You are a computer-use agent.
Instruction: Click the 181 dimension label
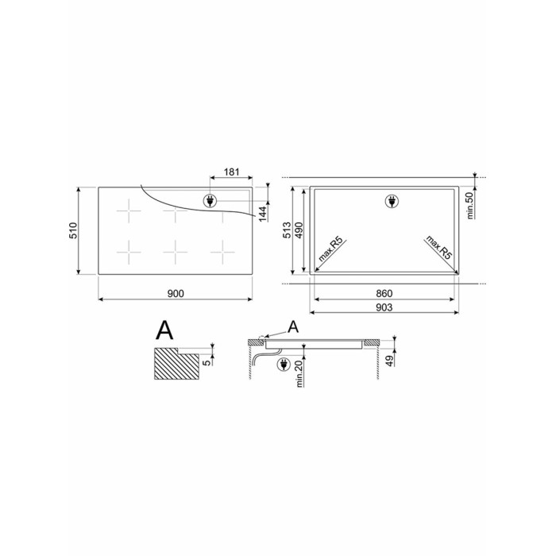[232, 172]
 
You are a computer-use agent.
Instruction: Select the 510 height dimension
[73, 230]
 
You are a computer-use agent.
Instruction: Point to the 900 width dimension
[176, 294]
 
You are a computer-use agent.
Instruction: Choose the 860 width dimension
[384, 294]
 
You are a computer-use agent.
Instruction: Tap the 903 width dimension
[384, 307]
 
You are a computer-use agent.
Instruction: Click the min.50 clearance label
[470, 205]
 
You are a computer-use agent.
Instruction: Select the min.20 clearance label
[299, 373]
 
